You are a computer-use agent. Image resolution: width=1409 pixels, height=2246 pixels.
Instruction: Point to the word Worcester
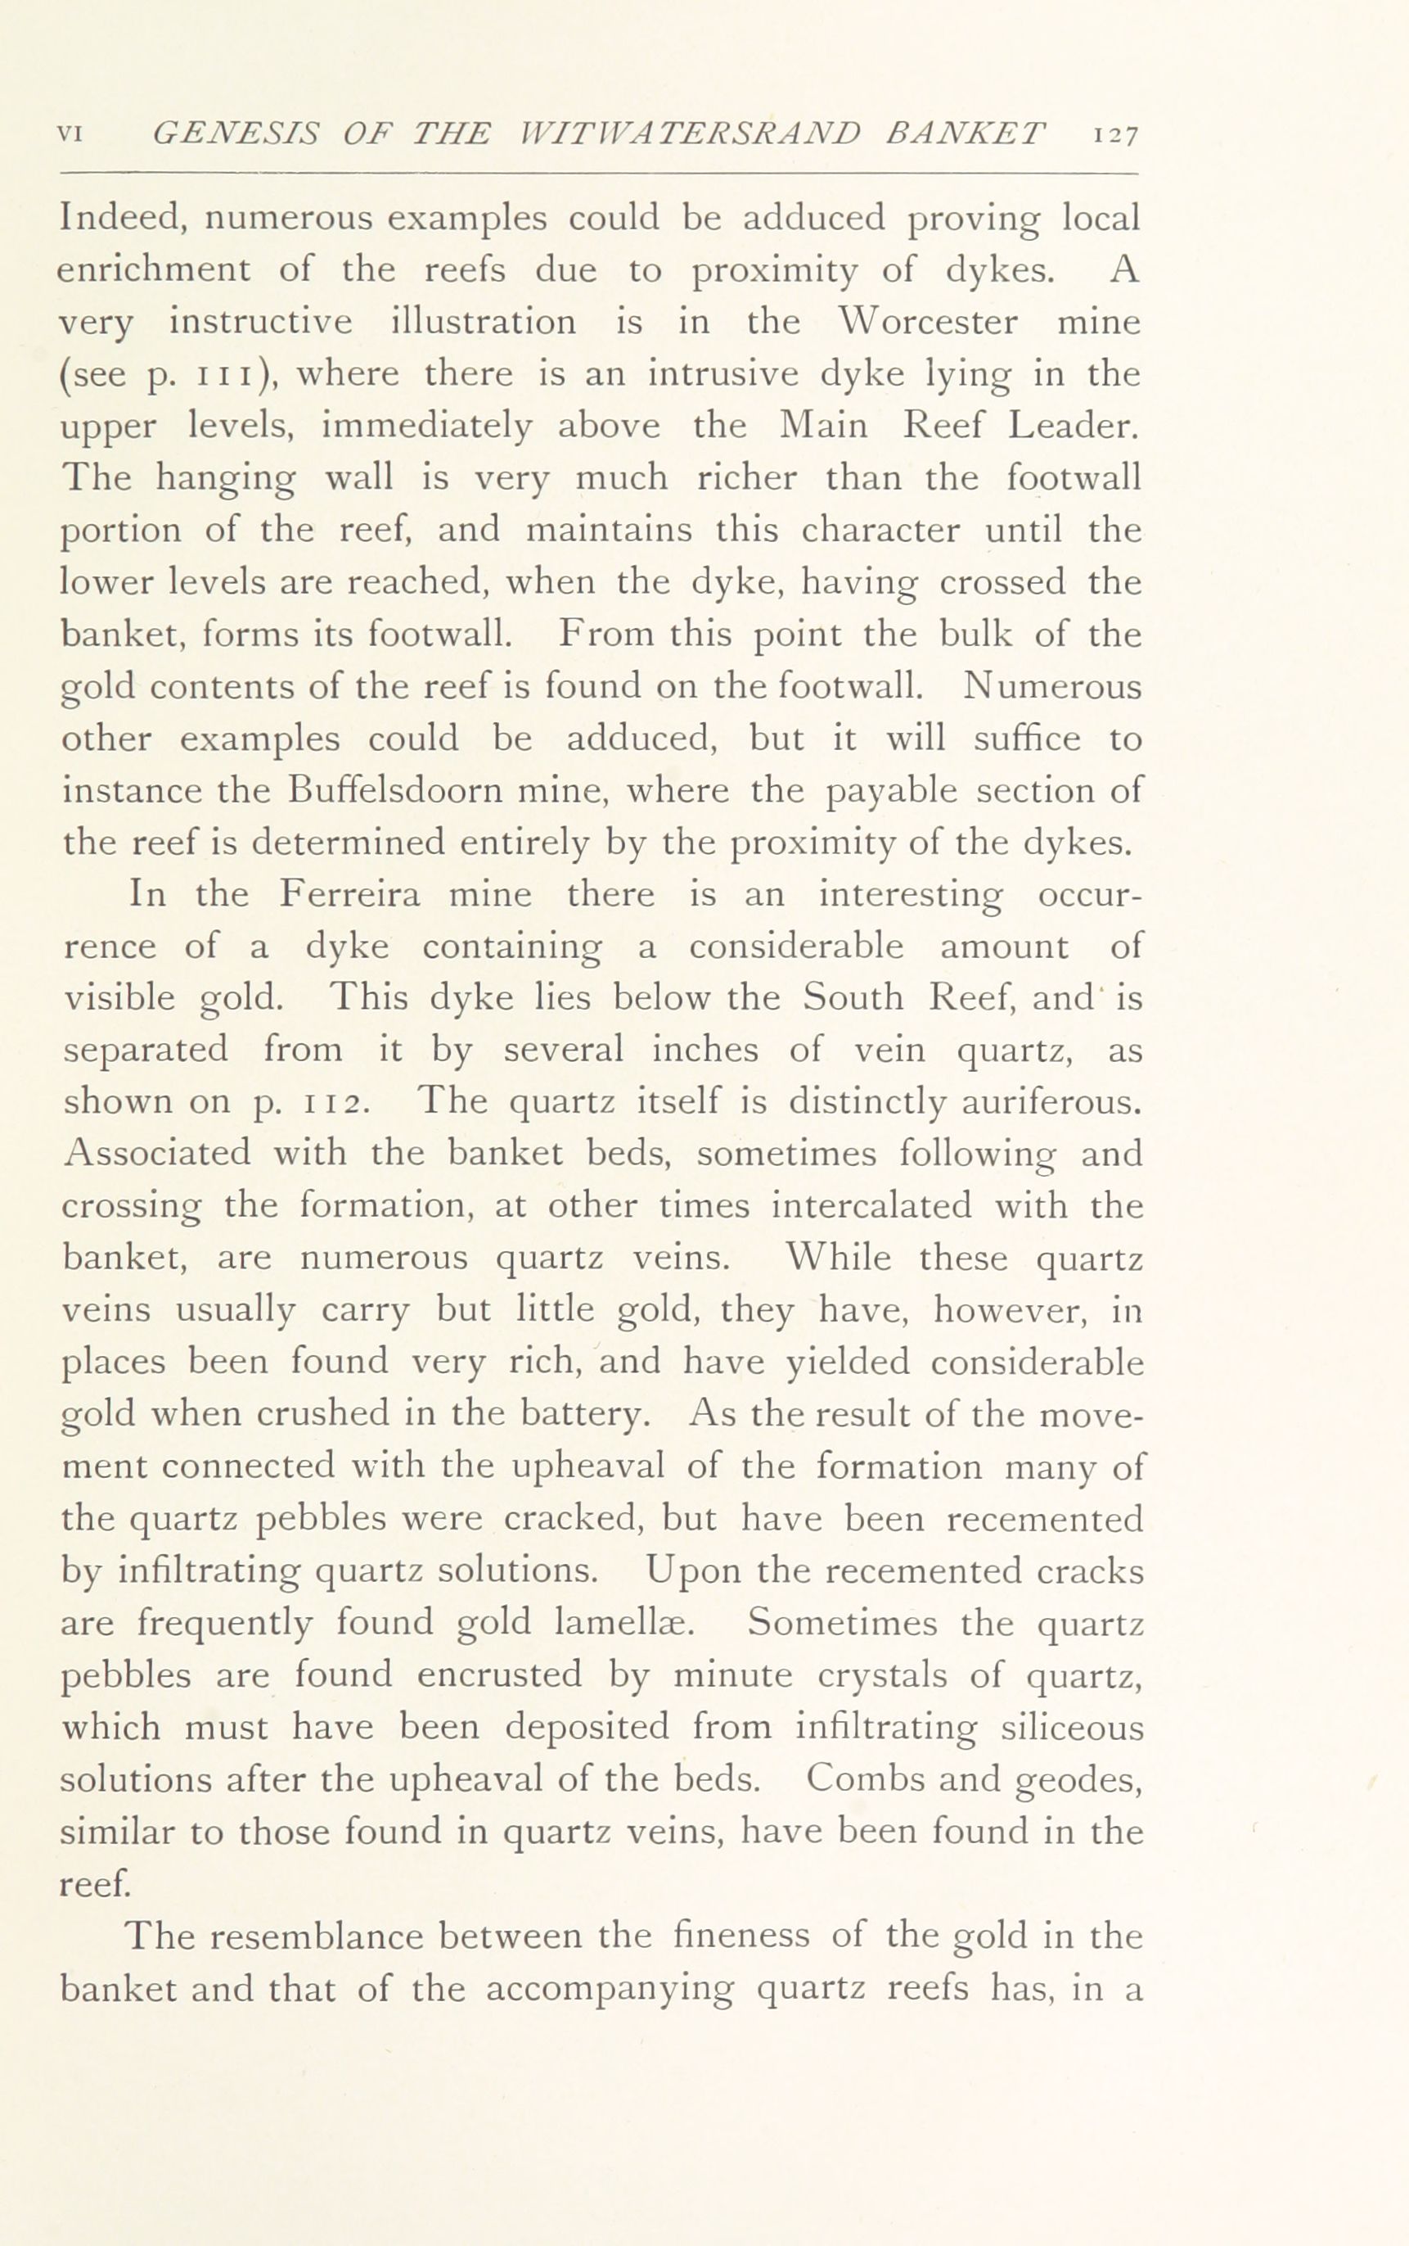[927, 322]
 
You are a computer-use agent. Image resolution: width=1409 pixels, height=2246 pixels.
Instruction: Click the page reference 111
[221, 375]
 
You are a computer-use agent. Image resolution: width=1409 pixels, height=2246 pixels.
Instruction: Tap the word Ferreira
[349, 894]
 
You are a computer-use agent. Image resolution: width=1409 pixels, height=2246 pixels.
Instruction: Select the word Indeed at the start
[125, 218]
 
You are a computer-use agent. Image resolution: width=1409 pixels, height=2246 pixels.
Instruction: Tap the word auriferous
[1051, 1103]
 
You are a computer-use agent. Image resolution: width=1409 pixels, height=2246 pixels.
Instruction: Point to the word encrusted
[498, 1674]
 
